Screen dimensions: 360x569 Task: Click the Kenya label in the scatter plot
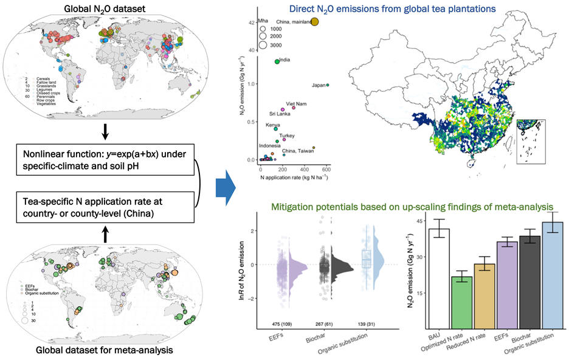[x=272, y=125]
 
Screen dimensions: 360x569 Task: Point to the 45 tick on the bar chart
[x=416, y=220]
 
